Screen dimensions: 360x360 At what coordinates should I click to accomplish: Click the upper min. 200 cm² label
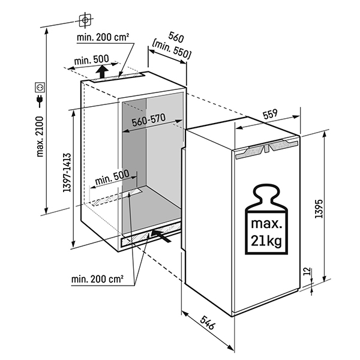(103, 38)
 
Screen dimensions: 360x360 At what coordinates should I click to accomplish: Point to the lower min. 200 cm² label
(97, 278)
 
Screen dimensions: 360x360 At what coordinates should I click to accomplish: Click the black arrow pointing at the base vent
(163, 235)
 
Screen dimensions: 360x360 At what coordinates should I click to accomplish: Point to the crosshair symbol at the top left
(86, 19)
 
